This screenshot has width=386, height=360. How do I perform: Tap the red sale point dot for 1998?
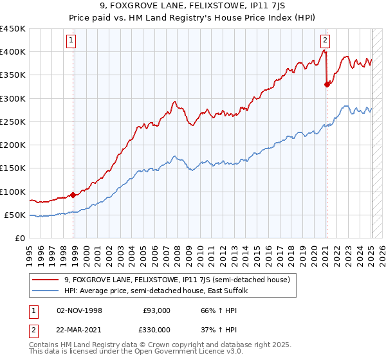tap(73, 195)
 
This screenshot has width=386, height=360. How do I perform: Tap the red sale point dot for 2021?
tap(327, 84)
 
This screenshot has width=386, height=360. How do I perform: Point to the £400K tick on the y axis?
tap(13, 52)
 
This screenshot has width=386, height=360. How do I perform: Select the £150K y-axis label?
tap(13, 168)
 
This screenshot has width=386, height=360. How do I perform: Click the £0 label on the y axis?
tap(20, 239)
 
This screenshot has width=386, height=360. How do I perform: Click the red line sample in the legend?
tap(46, 280)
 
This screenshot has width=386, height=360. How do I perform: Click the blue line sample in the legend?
tap(46, 291)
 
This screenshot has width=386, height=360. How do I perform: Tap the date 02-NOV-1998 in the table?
tap(78, 311)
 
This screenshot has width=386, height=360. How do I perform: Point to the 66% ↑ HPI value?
tap(210, 311)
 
